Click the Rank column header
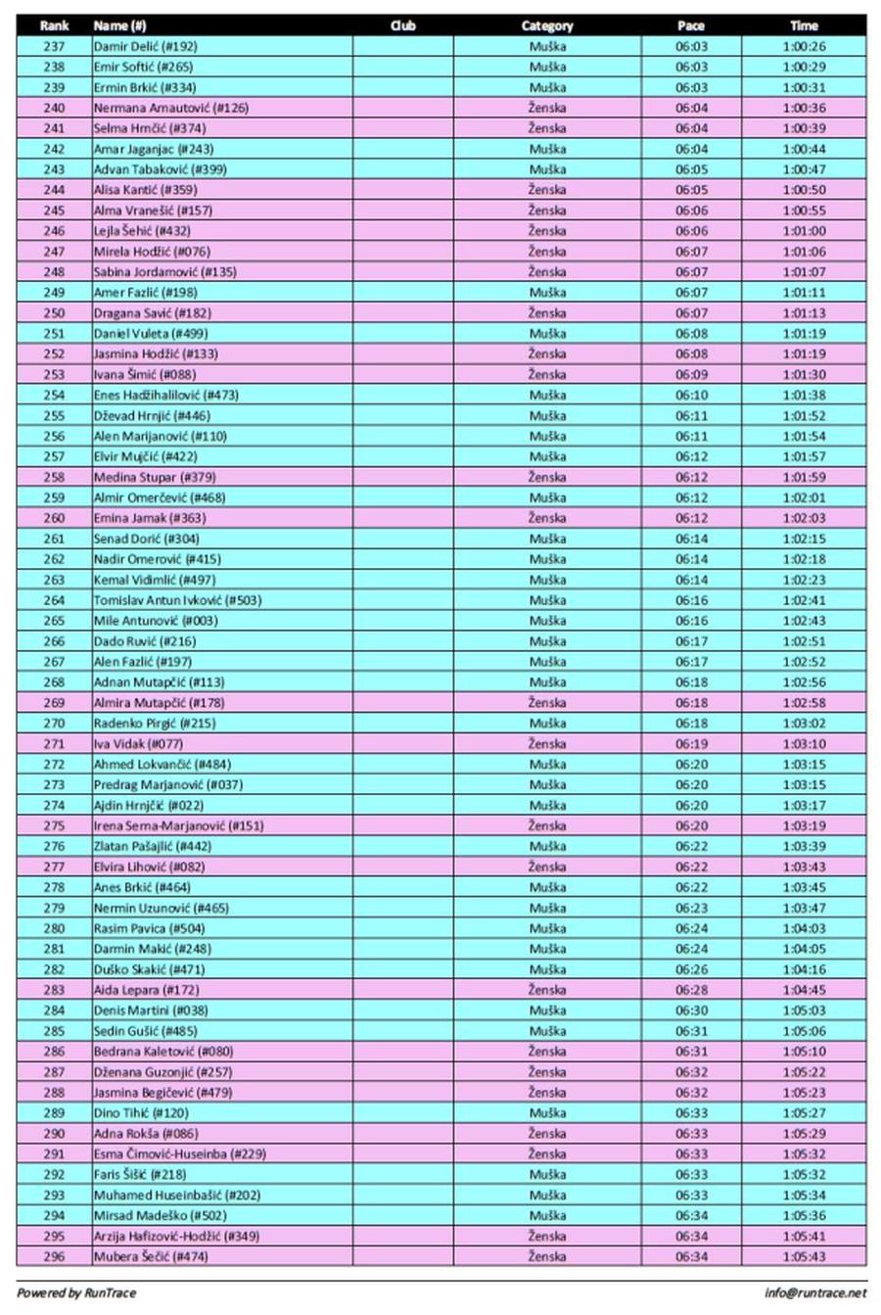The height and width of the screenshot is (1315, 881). [x=54, y=25]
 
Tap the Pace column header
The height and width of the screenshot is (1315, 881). [x=691, y=25]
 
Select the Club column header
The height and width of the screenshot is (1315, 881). [x=402, y=25]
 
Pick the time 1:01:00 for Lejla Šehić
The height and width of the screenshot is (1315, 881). [x=804, y=231]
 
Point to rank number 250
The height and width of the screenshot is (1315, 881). [x=54, y=313]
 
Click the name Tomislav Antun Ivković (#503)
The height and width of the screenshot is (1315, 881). [x=177, y=600]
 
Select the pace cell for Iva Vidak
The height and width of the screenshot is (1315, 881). [x=691, y=744]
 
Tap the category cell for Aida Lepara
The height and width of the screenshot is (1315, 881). [x=547, y=990]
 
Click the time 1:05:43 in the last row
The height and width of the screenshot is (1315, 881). [x=804, y=1256]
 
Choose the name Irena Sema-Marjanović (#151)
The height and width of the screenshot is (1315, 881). [x=178, y=825]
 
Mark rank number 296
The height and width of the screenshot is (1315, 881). [x=54, y=1256]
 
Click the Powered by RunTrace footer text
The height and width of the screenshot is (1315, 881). [x=76, y=1292]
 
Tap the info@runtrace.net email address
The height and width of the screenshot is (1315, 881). [x=815, y=1292]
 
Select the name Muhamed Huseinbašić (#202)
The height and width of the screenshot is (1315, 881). [x=177, y=1195]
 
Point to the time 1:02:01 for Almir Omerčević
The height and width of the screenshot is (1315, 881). [x=804, y=497]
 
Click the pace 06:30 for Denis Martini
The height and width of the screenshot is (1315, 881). [x=691, y=1010]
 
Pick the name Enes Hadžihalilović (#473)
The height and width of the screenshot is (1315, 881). [x=165, y=396]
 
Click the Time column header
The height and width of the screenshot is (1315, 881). [x=804, y=25]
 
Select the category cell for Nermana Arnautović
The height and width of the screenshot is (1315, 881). [x=547, y=108]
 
